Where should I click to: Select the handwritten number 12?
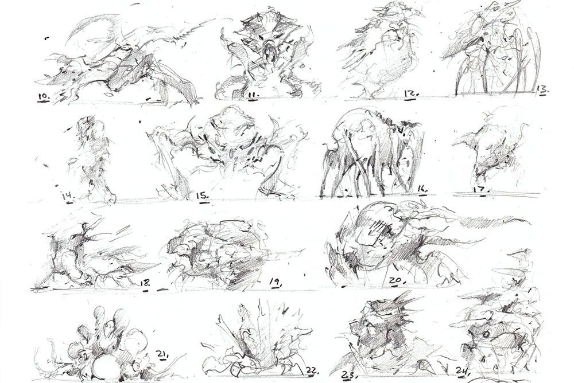(x=411, y=92)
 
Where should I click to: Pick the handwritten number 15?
(x=201, y=196)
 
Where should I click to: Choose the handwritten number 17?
(x=481, y=188)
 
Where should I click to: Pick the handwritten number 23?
(x=349, y=376)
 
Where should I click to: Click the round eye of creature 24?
(x=485, y=333)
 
